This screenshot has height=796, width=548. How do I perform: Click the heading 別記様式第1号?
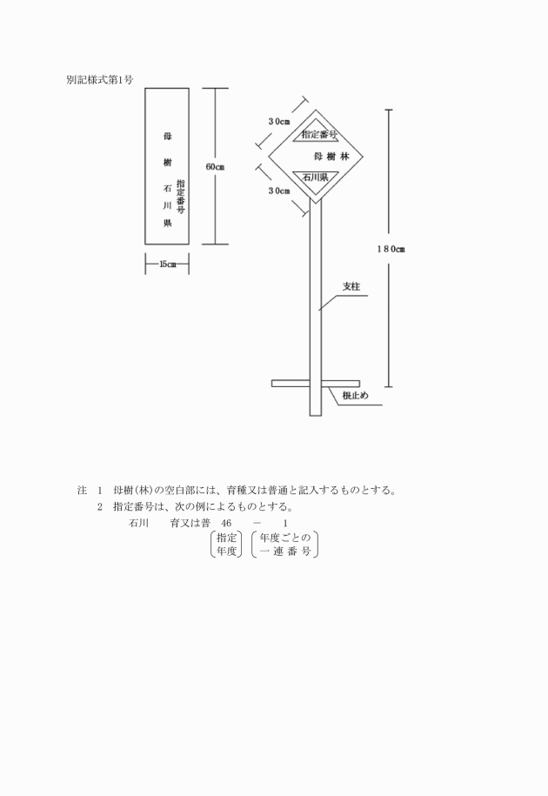[x=99, y=80]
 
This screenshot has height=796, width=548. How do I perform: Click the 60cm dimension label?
[x=215, y=167]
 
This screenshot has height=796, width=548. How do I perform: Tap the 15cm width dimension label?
[x=167, y=264]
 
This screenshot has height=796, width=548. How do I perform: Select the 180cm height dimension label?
[x=391, y=249]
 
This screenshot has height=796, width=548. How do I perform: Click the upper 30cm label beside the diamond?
[x=279, y=121]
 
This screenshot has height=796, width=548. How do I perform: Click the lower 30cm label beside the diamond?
[x=279, y=191]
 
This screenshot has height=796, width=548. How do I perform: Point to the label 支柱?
[x=351, y=287]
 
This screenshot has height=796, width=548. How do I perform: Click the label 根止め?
[x=355, y=396]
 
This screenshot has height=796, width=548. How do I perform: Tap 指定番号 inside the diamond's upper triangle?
[x=320, y=135]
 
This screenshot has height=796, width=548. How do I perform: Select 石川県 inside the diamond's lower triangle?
[x=315, y=177]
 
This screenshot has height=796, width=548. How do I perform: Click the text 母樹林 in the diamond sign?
[x=332, y=157]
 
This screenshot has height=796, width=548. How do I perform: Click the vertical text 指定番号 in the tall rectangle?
[x=181, y=197]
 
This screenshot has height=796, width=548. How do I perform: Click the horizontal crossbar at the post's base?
[x=316, y=384]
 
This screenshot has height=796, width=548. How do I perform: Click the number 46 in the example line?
[x=226, y=524]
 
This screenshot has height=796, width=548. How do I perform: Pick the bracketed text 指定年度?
[x=227, y=545]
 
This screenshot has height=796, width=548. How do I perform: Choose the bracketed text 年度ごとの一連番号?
[x=285, y=545]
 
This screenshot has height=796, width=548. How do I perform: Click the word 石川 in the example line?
[x=138, y=524]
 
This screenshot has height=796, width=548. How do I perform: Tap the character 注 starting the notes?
[x=82, y=491]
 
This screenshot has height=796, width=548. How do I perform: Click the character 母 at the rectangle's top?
[x=167, y=136]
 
